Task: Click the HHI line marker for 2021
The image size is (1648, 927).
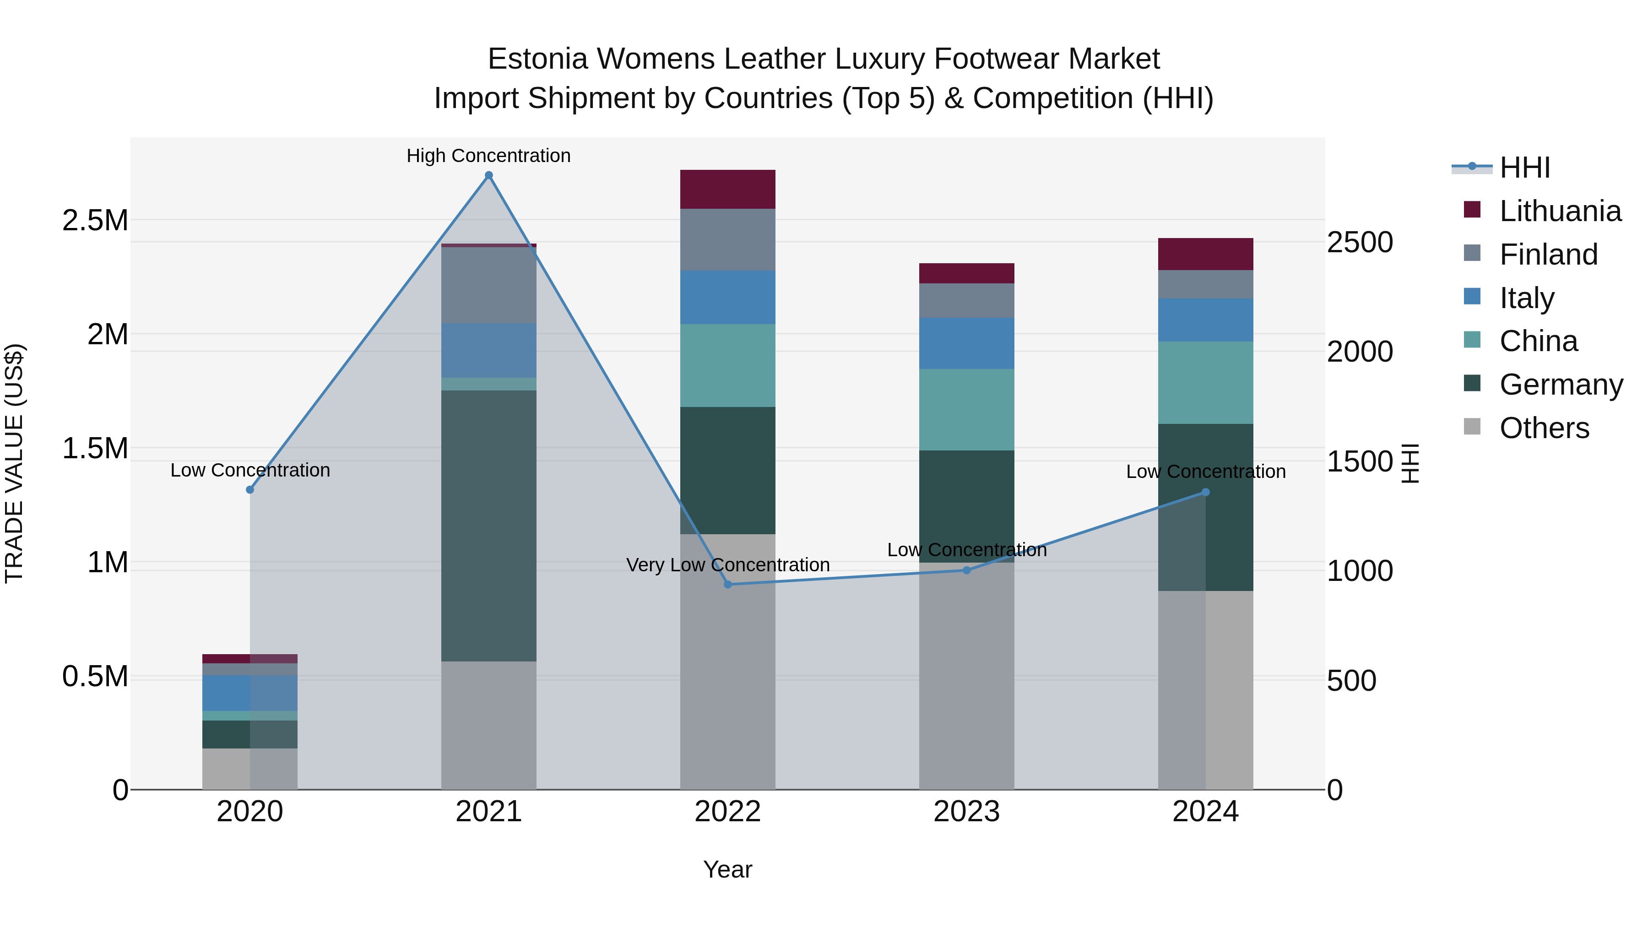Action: coord(489,175)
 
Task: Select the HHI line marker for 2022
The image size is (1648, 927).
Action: coord(727,584)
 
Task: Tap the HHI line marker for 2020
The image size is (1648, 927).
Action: coord(250,489)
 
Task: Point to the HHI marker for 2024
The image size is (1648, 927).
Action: coord(1205,492)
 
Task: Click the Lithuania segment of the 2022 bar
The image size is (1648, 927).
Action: coord(727,190)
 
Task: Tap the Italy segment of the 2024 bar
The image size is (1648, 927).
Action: coord(1205,320)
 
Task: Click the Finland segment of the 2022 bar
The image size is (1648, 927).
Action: coord(727,239)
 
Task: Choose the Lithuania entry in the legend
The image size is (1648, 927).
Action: coord(1560,211)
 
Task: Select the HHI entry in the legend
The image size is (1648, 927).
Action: coord(1524,168)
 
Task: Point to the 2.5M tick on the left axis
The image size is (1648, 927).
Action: coord(95,220)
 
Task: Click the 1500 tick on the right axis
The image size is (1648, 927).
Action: coord(1360,461)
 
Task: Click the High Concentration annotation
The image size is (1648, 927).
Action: coord(489,156)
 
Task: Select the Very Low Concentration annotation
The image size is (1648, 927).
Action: coord(727,565)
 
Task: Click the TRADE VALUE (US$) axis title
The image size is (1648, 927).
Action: coord(14,463)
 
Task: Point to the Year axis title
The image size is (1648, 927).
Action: coord(727,869)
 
